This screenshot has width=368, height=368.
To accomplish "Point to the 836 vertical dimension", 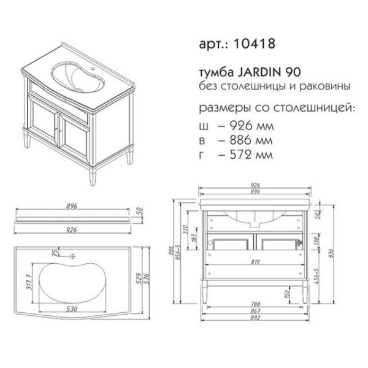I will [x=331, y=253].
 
